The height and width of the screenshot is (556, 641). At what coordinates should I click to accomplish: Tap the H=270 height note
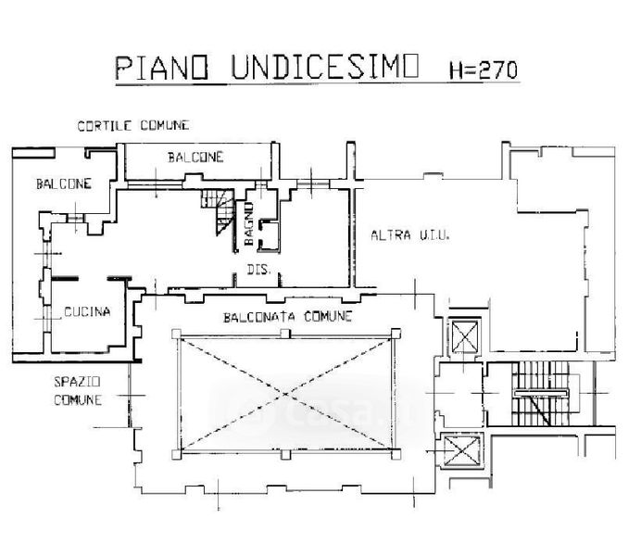[x=483, y=70]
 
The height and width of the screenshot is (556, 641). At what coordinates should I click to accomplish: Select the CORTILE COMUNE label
[x=134, y=125]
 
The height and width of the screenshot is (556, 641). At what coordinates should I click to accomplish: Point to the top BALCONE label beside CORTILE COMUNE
[x=195, y=158]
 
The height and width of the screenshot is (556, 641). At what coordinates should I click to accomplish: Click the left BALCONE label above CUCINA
[x=64, y=183]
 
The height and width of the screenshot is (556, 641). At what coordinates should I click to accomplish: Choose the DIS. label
[x=258, y=271]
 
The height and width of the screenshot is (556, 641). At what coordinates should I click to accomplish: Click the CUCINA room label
[x=87, y=311]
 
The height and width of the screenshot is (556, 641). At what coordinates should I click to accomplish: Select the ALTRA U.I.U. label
[x=409, y=236]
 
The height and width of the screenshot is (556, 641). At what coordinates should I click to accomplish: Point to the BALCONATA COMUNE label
[x=288, y=317]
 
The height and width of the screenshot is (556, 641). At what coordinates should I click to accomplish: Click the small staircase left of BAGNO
[x=220, y=210]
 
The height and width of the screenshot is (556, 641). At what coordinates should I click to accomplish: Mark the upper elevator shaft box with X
[x=460, y=334]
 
